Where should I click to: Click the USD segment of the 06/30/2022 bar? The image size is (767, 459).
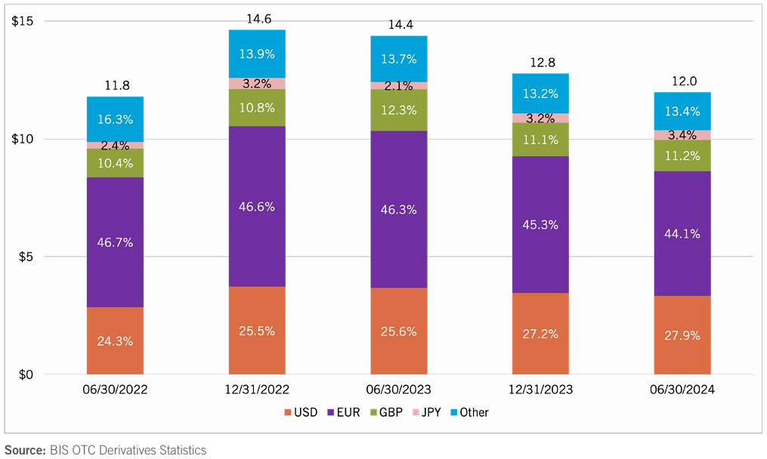point(115,340)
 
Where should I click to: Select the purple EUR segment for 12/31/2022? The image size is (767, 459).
point(257,206)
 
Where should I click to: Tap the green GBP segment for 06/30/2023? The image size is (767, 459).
point(398,109)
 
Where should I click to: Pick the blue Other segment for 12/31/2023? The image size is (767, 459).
point(540,93)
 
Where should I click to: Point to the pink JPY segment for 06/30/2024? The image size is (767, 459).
point(682,135)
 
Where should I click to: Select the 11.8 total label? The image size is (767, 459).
point(116,85)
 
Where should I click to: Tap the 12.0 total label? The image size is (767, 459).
point(683,81)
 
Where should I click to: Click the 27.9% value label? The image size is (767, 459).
point(682,334)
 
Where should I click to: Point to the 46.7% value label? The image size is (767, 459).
point(115,242)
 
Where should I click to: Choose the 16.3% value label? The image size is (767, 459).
point(115,119)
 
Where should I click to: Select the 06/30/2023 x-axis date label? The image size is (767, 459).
point(398,390)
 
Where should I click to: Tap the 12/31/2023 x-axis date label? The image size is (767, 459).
point(540,390)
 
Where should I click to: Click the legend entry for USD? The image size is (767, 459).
point(301,412)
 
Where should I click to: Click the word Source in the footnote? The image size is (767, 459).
point(24,450)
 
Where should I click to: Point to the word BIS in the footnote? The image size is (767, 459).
point(60,450)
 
